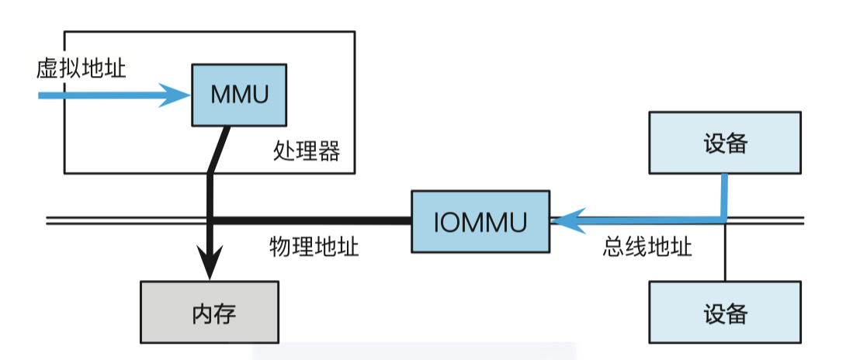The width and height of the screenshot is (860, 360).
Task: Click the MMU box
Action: click(239, 95)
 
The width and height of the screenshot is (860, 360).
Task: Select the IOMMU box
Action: click(480, 221)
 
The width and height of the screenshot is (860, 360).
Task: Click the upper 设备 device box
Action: click(725, 142)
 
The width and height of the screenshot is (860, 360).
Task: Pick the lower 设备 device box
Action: click(725, 312)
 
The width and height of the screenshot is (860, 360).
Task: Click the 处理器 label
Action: click(307, 151)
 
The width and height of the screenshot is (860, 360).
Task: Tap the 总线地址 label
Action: click(647, 247)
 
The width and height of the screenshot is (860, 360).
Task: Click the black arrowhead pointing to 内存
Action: click(210, 264)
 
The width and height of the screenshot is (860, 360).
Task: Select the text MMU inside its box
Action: click(239, 95)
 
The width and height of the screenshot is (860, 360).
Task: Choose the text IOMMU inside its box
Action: click(480, 222)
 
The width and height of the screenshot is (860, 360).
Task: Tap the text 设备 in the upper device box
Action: click(725, 143)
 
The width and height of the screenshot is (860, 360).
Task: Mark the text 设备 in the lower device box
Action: click(725, 313)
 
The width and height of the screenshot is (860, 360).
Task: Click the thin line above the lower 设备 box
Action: click(725, 252)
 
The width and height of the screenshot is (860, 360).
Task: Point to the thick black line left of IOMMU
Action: click(310, 221)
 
